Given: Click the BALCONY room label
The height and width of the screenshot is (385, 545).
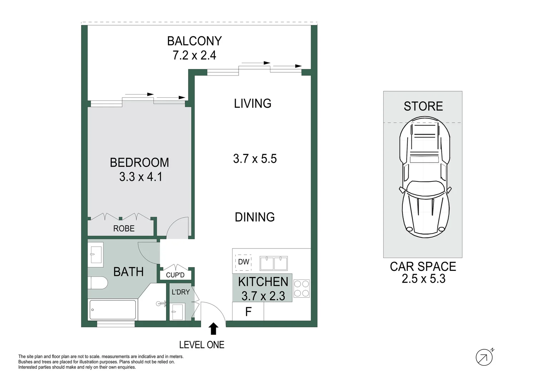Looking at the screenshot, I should pyautogui.click(x=194, y=41).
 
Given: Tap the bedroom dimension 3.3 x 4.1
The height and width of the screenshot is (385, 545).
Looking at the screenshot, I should pyautogui.click(x=141, y=177).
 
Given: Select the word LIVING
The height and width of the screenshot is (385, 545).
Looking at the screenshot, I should pyautogui.click(x=252, y=104).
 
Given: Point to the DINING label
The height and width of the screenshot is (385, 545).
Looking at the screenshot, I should pyautogui.click(x=255, y=217).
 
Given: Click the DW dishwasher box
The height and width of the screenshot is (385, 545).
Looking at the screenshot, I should pyautogui.click(x=244, y=262).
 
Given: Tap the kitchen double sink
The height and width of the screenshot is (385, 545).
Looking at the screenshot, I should pyautogui.click(x=274, y=263).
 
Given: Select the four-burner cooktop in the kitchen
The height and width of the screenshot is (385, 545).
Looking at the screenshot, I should pyautogui.click(x=301, y=289).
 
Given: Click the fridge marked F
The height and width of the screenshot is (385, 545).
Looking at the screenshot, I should pyautogui.click(x=248, y=312).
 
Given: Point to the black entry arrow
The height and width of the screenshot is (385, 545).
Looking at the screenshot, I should pyautogui.click(x=213, y=328).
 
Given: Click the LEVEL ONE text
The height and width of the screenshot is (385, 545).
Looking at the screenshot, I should pyautogui.click(x=201, y=345).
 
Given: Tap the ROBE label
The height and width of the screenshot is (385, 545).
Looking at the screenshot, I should pyautogui.click(x=124, y=229).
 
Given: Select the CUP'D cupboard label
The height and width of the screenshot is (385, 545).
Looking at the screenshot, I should pyautogui.click(x=175, y=275).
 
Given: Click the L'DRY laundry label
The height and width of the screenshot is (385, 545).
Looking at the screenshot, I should pyautogui.click(x=181, y=292).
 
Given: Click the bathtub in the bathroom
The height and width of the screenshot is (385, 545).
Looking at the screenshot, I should pyautogui.click(x=112, y=309).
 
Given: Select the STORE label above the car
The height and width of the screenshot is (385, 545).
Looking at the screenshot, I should pyautogui.click(x=423, y=106).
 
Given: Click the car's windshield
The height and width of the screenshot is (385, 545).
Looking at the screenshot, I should pyautogui.click(x=424, y=188).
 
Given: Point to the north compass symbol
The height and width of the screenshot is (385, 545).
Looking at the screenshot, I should pyautogui.click(x=484, y=357).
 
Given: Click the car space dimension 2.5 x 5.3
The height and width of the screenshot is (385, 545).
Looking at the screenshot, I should pyautogui.click(x=423, y=279).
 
